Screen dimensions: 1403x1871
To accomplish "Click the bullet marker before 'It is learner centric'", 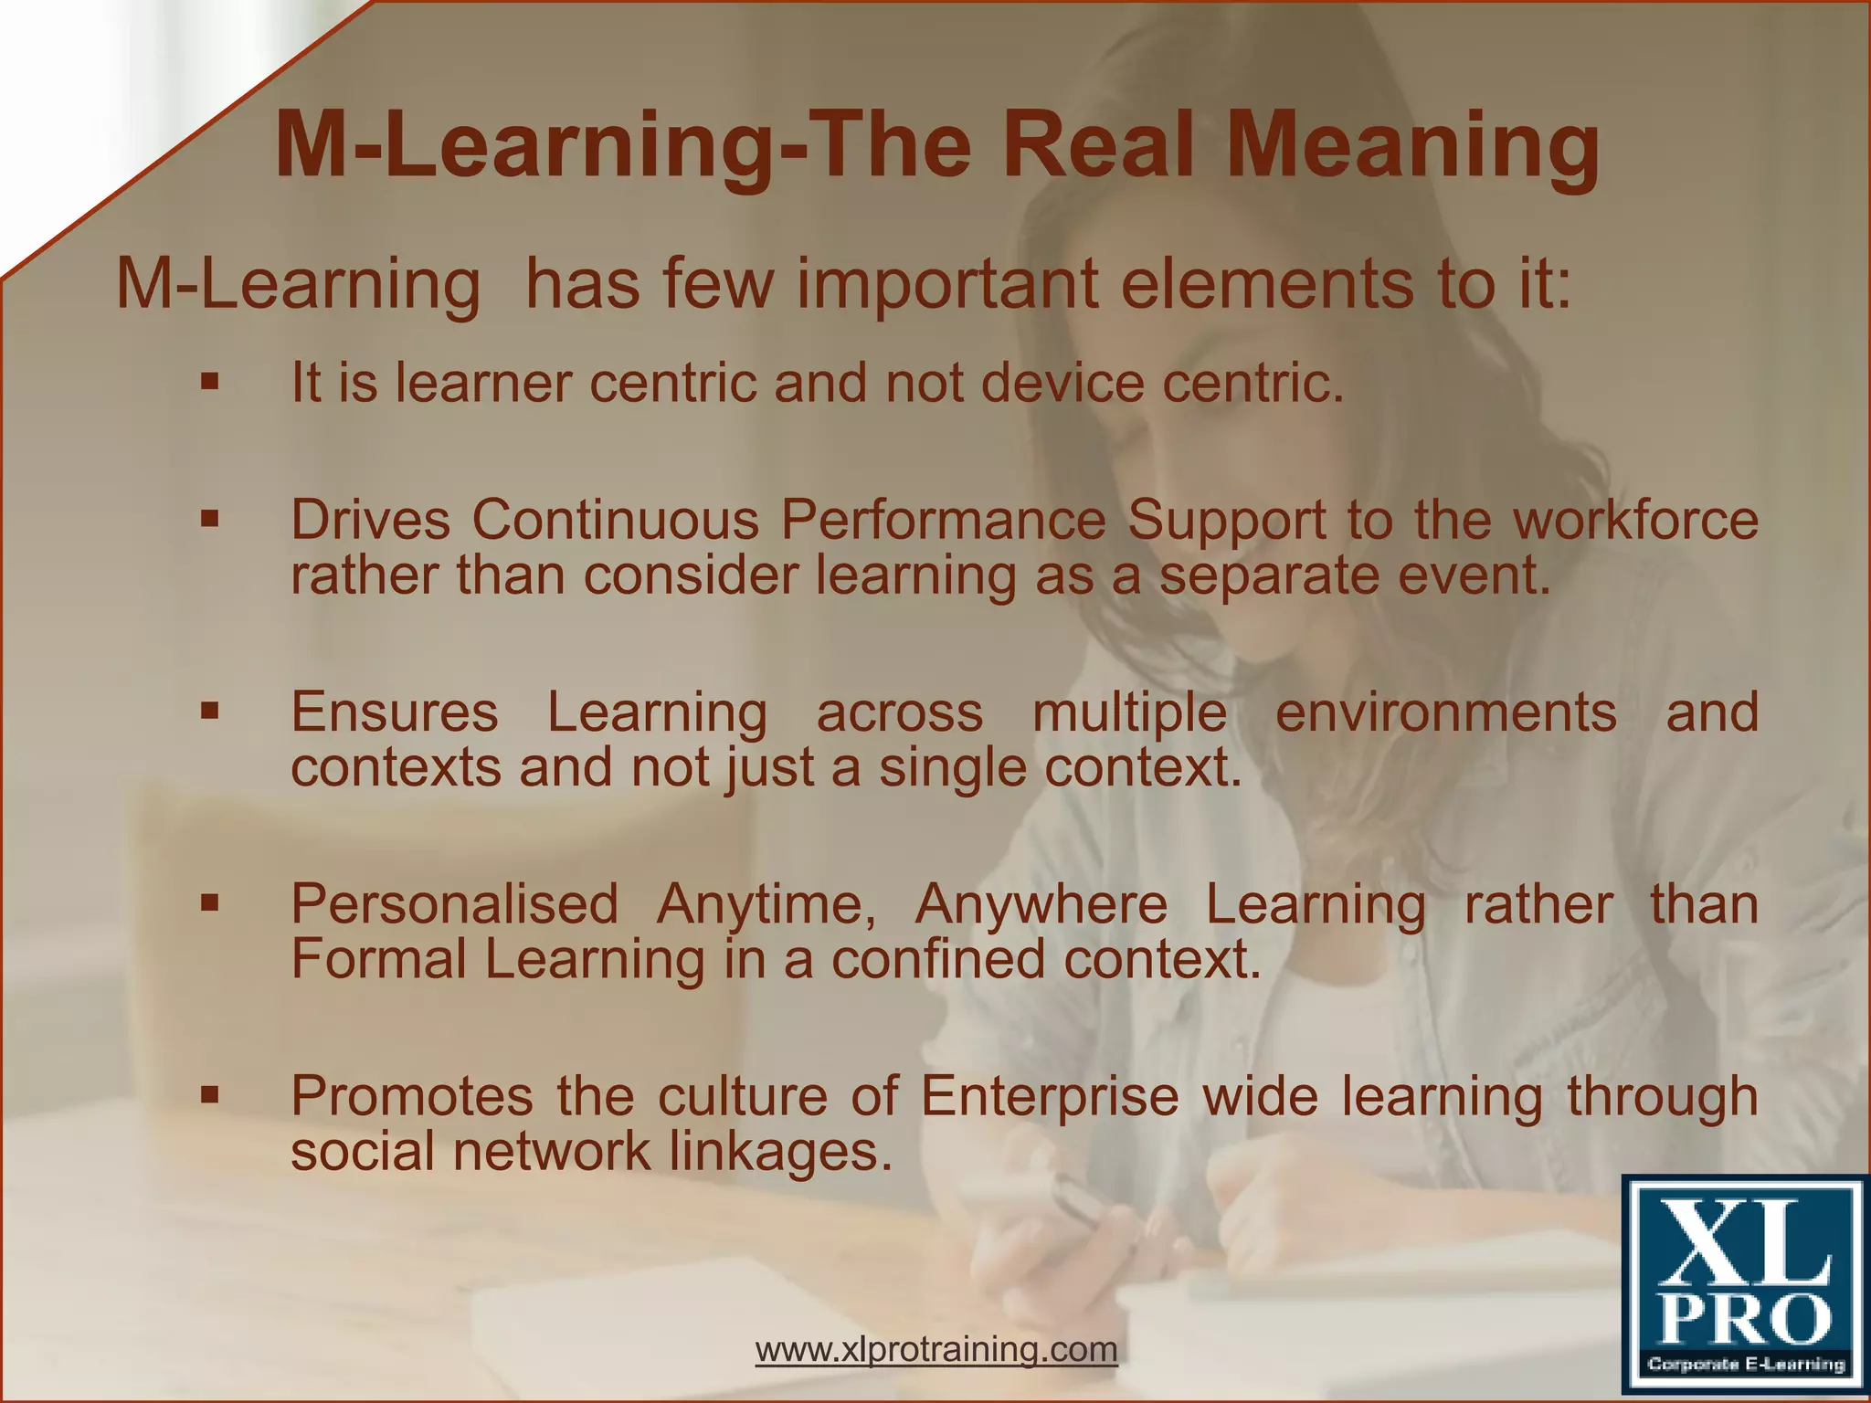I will pyautogui.click(x=210, y=381).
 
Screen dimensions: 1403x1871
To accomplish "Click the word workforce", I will pyautogui.click(x=1635, y=520).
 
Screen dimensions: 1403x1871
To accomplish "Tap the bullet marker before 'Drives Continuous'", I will pyautogui.click(x=210, y=519).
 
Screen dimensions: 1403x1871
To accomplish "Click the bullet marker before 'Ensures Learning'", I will pyautogui.click(x=210, y=711).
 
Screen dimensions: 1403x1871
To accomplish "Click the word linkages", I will pyautogui.click(x=781, y=1152).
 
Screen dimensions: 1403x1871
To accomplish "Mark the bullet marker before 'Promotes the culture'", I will pyautogui.click(x=210, y=1094).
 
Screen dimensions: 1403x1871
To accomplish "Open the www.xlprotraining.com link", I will pyautogui.click(x=936, y=1348).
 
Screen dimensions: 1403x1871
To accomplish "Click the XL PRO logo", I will pyautogui.click(x=1742, y=1286).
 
